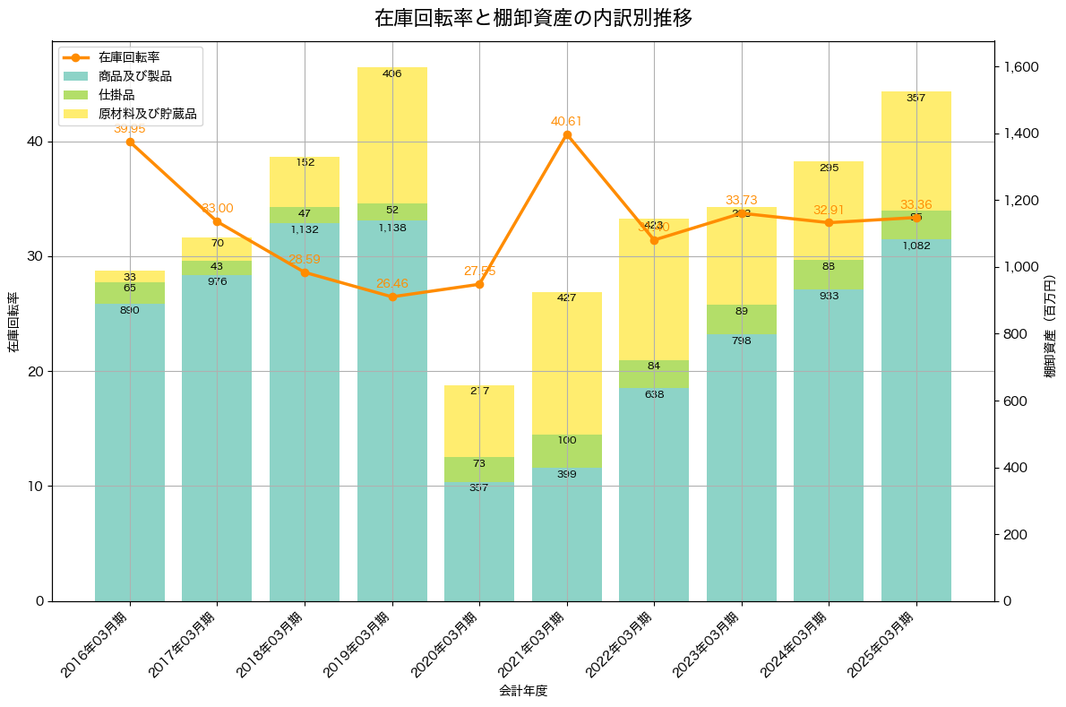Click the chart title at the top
tap(533, 18)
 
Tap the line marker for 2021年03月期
tap(567, 134)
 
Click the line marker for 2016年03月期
tap(130, 142)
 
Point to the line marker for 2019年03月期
tap(392, 297)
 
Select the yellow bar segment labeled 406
tap(392, 134)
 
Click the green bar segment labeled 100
tap(567, 451)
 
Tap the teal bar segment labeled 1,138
tap(392, 410)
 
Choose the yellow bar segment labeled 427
tap(567, 363)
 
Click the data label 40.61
tap(567, 121)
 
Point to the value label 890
tap(130, 310)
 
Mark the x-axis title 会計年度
tap(523, 691)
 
